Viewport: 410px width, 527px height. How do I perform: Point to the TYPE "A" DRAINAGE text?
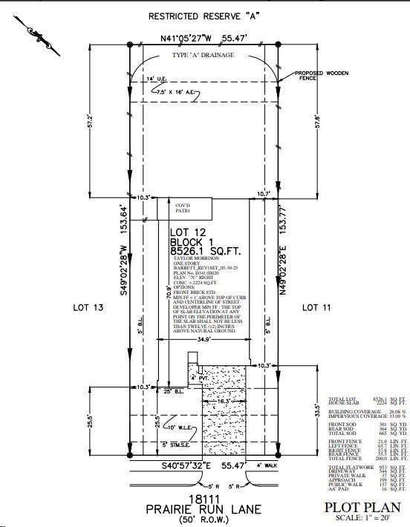[x=204, y=56]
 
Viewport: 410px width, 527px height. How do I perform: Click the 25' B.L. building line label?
[x=172, y=391]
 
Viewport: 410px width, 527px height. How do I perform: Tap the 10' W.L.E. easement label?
[x=180, y=428]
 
